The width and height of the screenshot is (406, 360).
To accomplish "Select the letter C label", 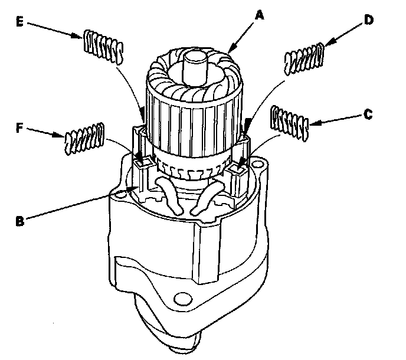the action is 367,114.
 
